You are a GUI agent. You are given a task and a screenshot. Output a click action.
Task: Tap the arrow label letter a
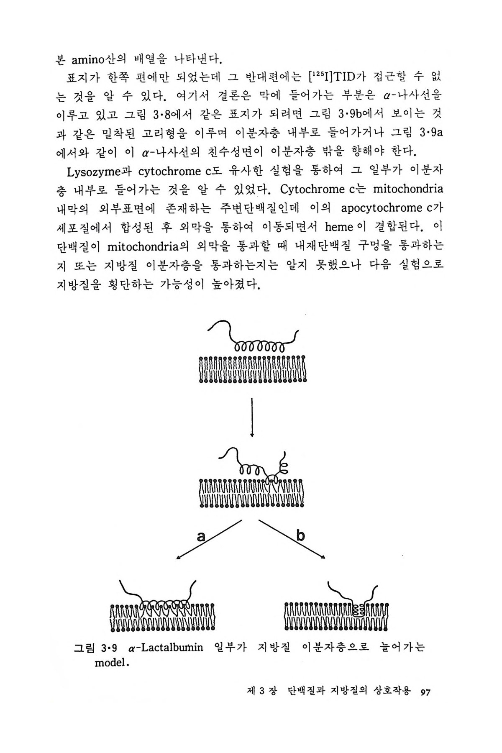tap(201, 536)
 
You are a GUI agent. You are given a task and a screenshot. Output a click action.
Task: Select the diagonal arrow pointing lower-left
tap(209, 539)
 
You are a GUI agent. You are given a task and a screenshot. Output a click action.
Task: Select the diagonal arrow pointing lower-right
tap(292, 539)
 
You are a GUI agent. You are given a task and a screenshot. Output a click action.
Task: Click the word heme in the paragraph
tap(339, 227)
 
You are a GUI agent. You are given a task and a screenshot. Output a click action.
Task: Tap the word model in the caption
tap(111, 663)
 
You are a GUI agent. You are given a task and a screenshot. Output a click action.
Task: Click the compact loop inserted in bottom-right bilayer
tap(358, 611)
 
